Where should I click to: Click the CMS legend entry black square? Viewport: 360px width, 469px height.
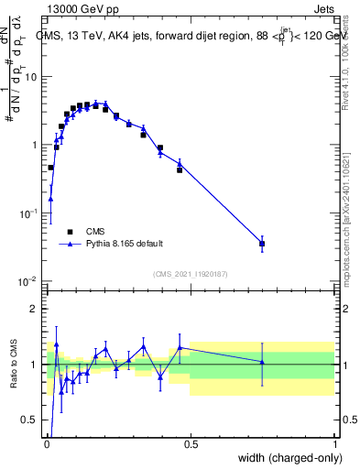[x=70, y=232]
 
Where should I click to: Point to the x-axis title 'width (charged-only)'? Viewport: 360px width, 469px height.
[x=285, y=458]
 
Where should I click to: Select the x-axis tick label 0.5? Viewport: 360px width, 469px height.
[x=191, y=443]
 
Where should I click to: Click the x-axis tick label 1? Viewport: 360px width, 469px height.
[x=334, y=443]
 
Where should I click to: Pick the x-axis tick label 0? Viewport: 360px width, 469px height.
[x=47, y=443]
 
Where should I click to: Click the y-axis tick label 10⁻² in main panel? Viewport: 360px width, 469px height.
[x=29, y=280]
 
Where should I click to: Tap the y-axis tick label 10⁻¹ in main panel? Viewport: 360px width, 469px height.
[x=29, y=213]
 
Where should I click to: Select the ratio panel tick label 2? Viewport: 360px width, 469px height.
[x=36, y=309]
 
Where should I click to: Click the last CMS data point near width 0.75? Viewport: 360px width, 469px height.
[x=262, y=244]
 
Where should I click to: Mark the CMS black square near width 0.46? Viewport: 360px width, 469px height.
[x=180, y=169]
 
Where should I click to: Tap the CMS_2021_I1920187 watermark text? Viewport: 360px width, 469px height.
[x=190, y=273]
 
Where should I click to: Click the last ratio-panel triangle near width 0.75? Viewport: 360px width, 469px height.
[x=262, y=362]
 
